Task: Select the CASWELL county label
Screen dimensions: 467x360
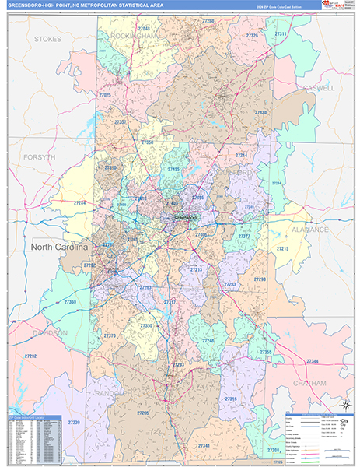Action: [319, 88]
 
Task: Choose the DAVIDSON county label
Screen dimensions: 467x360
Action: [50, 332]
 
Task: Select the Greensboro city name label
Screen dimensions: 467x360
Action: [187, 218]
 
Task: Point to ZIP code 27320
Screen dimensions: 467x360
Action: [260, 112]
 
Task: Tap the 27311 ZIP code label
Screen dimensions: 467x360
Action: [280, 34]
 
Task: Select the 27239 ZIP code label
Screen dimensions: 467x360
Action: [73, 422]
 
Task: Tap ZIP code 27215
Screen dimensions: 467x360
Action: [281, 248]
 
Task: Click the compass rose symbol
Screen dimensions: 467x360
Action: [344, 405]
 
